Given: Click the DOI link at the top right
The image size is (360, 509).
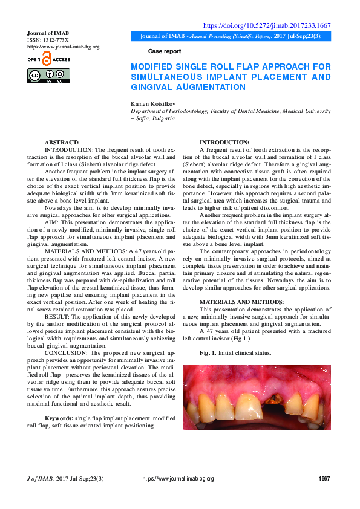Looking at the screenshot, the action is pyautogui.click(x=266, y=25).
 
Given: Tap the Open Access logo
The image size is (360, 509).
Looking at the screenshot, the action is pyautogui.click(x=49, y=59).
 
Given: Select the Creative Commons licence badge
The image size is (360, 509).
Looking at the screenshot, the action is pyautogui.click(x=48, y=76).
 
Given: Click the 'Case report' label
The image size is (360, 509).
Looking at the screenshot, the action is pyautogui.click(x=164, y=51).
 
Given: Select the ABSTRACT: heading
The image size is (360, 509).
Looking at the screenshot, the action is pyautogui.click(x=62, y=141).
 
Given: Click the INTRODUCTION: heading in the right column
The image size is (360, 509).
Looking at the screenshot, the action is pyautogui.click(x=224, y=141).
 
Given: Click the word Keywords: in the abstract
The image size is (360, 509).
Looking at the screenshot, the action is pyautogui.click(x=59, y=418).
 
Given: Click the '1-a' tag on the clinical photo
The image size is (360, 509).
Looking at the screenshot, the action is pyautogui.click(x=324, y=369).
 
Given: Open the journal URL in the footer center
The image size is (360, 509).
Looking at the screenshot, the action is pyautogui.click(x=178, y=479).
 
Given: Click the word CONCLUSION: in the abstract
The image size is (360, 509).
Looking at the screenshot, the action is pyautogui.click(x=67, y=351).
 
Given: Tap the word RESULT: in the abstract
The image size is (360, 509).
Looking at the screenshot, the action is pyautogui.click(x=58, y=316).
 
